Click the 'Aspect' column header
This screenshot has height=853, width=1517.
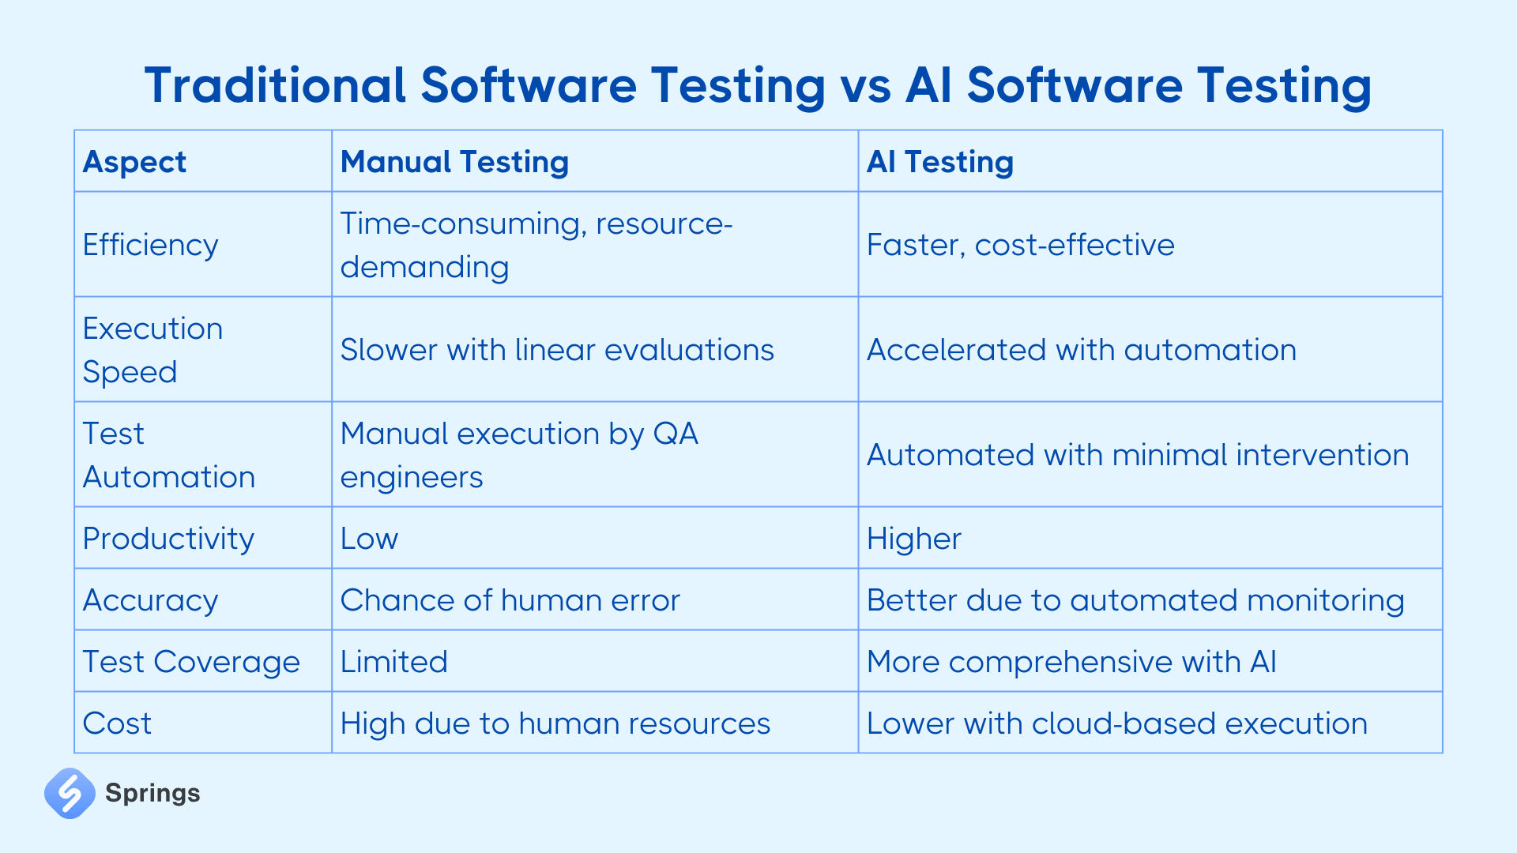coord(134,162)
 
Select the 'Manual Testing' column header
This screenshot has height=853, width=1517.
coord(454,162)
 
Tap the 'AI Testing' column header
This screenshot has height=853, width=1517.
coord(939,162)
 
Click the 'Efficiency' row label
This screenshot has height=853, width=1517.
coord(150,245)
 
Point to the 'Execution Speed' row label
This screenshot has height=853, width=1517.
coord(152,350)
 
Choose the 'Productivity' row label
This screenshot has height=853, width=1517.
coord(168,539)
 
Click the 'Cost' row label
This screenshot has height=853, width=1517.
coord(117,723)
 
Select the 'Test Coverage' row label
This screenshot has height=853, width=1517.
coord(191,662)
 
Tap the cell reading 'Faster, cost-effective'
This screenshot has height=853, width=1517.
coord(1020,245)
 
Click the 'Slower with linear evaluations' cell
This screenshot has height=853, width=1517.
coord(557,350)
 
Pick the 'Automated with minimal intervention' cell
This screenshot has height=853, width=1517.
coord(1137,455)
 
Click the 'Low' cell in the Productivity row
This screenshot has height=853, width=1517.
coord(369,539)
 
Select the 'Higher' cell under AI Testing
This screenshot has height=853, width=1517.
coord(913,539)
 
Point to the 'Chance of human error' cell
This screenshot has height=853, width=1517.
coord(510,600)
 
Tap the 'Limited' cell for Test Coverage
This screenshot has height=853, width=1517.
coord(393,662)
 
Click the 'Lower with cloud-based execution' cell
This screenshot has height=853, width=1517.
coord(1116,723)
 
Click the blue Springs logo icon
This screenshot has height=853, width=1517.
coord(70,793)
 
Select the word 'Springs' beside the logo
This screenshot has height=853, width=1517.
coord(152,793)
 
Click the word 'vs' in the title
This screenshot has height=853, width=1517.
coord(866,85)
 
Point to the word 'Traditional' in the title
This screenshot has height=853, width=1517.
coord(275,85)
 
